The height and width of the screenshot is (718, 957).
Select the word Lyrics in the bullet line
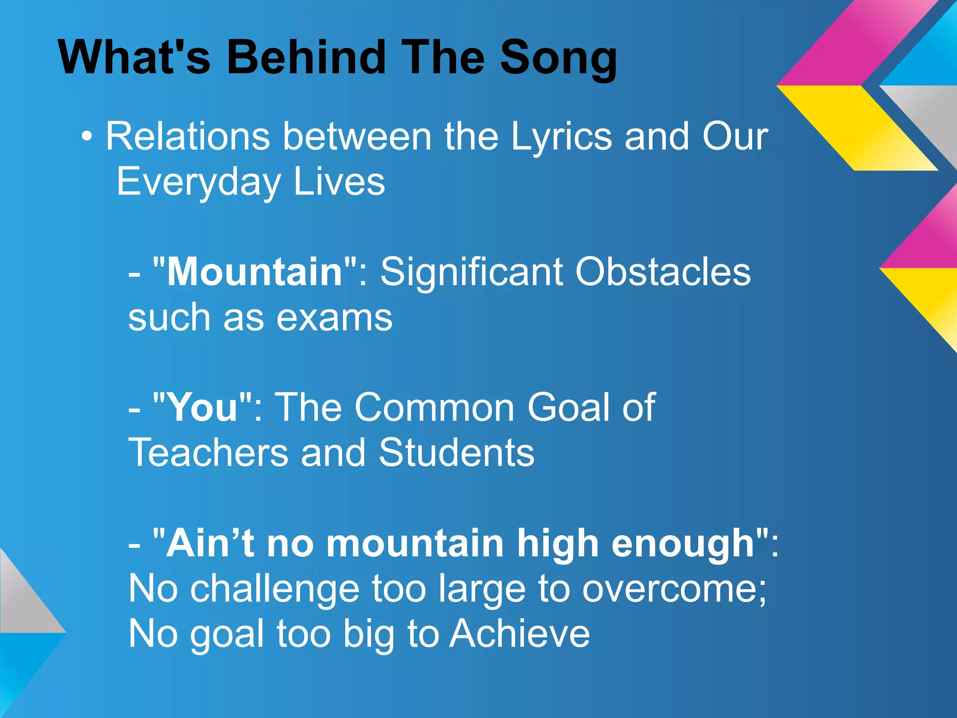pos(561,137)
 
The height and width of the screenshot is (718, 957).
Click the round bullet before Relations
pos(86,137)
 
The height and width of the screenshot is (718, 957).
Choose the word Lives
pos(339,182)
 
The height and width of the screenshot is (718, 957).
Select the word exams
pos(334,318)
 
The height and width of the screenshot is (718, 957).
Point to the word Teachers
pos(208,452)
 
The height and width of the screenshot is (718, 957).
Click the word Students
pos(456,452)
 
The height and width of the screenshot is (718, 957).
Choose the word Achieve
pos(520,634)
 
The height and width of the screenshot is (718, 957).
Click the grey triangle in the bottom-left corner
pos(23,603)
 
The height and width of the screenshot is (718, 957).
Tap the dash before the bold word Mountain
pos(134,273)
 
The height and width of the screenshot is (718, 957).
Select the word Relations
pos(187,137)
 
